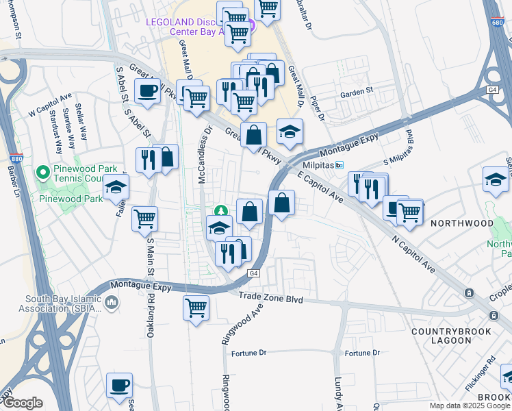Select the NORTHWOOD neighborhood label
click(x=461, y=223)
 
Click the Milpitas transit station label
click(x=319, y=165)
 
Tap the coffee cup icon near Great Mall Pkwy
click(x=147, y=91)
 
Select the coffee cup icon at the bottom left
click(x=120, y=386)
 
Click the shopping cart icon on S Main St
click(x=144, y=219)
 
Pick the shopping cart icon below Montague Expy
click(x=196, y=308)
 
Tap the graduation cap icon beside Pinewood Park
click(x=116, y=187)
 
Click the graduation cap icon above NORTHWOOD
click(x=496, y=179)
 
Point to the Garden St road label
click(x=356, y=90)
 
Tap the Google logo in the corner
click(x=23, y=403)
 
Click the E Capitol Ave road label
click(x=320, y=186)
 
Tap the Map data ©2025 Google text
click(x=470, y=406)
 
